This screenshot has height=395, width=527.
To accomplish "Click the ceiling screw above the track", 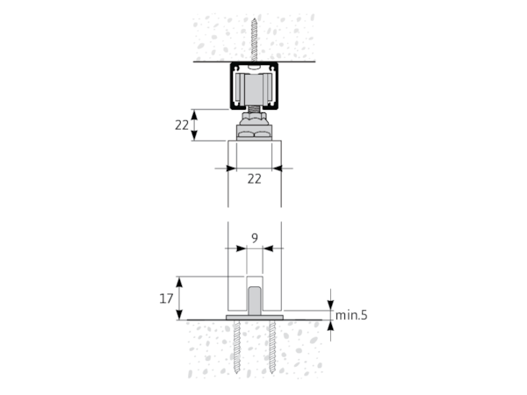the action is [255, 40].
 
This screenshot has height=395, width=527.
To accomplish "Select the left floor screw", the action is [238, 347].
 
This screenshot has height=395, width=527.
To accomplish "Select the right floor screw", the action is [272, 347].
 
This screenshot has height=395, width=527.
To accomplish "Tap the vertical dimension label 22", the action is [182, 126].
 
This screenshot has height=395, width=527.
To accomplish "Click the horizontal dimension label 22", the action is [255, 179].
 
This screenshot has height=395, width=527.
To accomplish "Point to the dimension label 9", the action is [255, 238].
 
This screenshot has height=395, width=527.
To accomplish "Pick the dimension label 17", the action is [166, 298].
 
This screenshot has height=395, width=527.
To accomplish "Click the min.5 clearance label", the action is [351, 315].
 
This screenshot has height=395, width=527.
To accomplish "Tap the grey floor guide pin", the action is [255, 300].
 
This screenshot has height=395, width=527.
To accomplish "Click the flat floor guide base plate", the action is [255, 318].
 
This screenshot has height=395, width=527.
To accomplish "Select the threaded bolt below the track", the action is [255, 110].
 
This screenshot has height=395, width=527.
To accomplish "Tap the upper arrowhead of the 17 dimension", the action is [179, 283].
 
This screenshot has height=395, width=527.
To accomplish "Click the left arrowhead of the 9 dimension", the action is [241, 248].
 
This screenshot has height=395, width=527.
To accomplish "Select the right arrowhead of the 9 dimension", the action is [268, 248].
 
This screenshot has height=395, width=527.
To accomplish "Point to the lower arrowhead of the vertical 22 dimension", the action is [194, 135].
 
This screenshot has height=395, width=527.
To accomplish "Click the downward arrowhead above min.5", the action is [331, 305].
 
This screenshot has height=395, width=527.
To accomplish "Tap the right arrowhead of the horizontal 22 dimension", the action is [277, 169].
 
